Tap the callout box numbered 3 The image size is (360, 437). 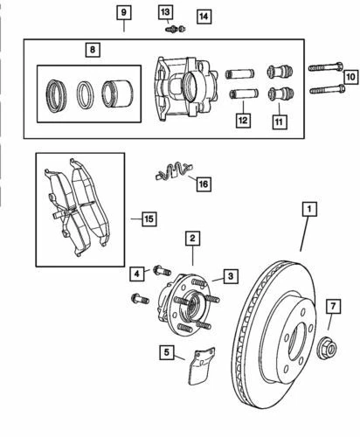(x=230, y=276)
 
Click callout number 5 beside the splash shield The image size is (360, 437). (x=166, y=353)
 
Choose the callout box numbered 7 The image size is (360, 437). (x=332, y=306)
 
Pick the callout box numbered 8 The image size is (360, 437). (x=92, y=52)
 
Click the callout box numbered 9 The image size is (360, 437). (x=123, y=12)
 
